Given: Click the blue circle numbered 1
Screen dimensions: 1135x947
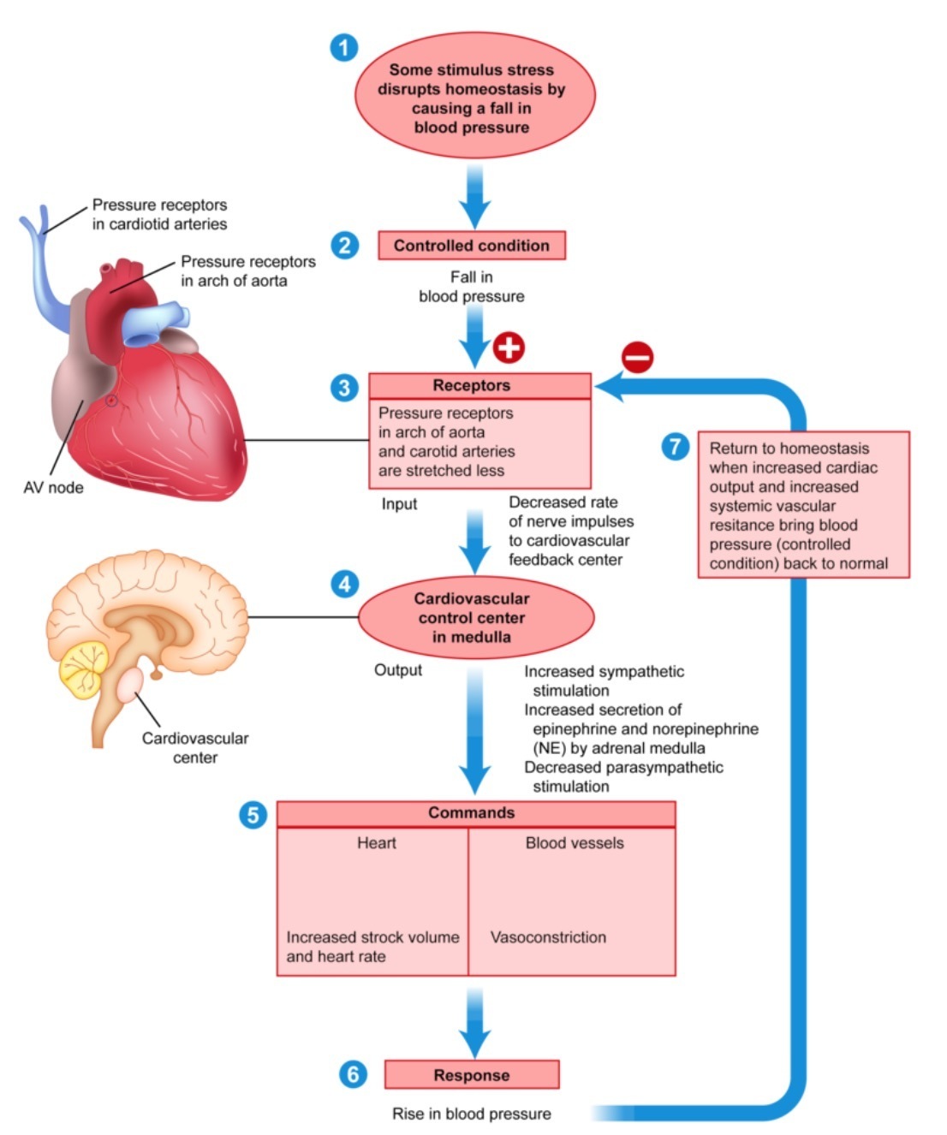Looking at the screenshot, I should tap(343, 47).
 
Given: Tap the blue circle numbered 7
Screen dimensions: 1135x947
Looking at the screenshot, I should tap(676, 446).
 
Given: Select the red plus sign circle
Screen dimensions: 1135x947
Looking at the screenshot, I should tap(509, 347).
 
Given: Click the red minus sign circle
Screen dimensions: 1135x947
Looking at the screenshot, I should tap(638, 356).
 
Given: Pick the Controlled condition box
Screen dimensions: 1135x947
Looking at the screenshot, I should tap(472, 246).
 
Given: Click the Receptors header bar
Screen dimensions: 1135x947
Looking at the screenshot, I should tap(479, 386).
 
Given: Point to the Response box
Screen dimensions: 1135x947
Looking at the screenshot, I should tap(472, 1075).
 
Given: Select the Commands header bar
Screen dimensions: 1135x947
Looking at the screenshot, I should tap(476, 813).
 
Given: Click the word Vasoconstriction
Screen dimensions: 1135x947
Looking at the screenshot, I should tap(548, 937).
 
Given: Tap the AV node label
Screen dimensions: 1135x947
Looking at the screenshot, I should tap(53, 488).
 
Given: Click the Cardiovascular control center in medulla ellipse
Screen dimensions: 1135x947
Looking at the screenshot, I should tap(475, 618).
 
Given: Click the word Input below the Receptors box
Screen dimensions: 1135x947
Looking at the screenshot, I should tap(399, 504).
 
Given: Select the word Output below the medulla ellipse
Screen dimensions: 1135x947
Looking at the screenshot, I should tap(398, 670).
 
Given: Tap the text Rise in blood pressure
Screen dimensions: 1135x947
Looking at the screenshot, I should tap(472, 1114).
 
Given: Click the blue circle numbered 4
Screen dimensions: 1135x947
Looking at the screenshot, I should tap(344, 585).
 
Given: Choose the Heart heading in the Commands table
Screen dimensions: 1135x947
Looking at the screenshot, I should tap(377, 843).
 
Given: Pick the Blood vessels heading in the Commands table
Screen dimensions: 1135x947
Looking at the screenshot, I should tap(575, 843).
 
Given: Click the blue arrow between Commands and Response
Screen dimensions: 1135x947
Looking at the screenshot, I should tap(474, 1022).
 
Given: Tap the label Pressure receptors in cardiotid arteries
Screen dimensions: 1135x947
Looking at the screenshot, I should tap(160, 215).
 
